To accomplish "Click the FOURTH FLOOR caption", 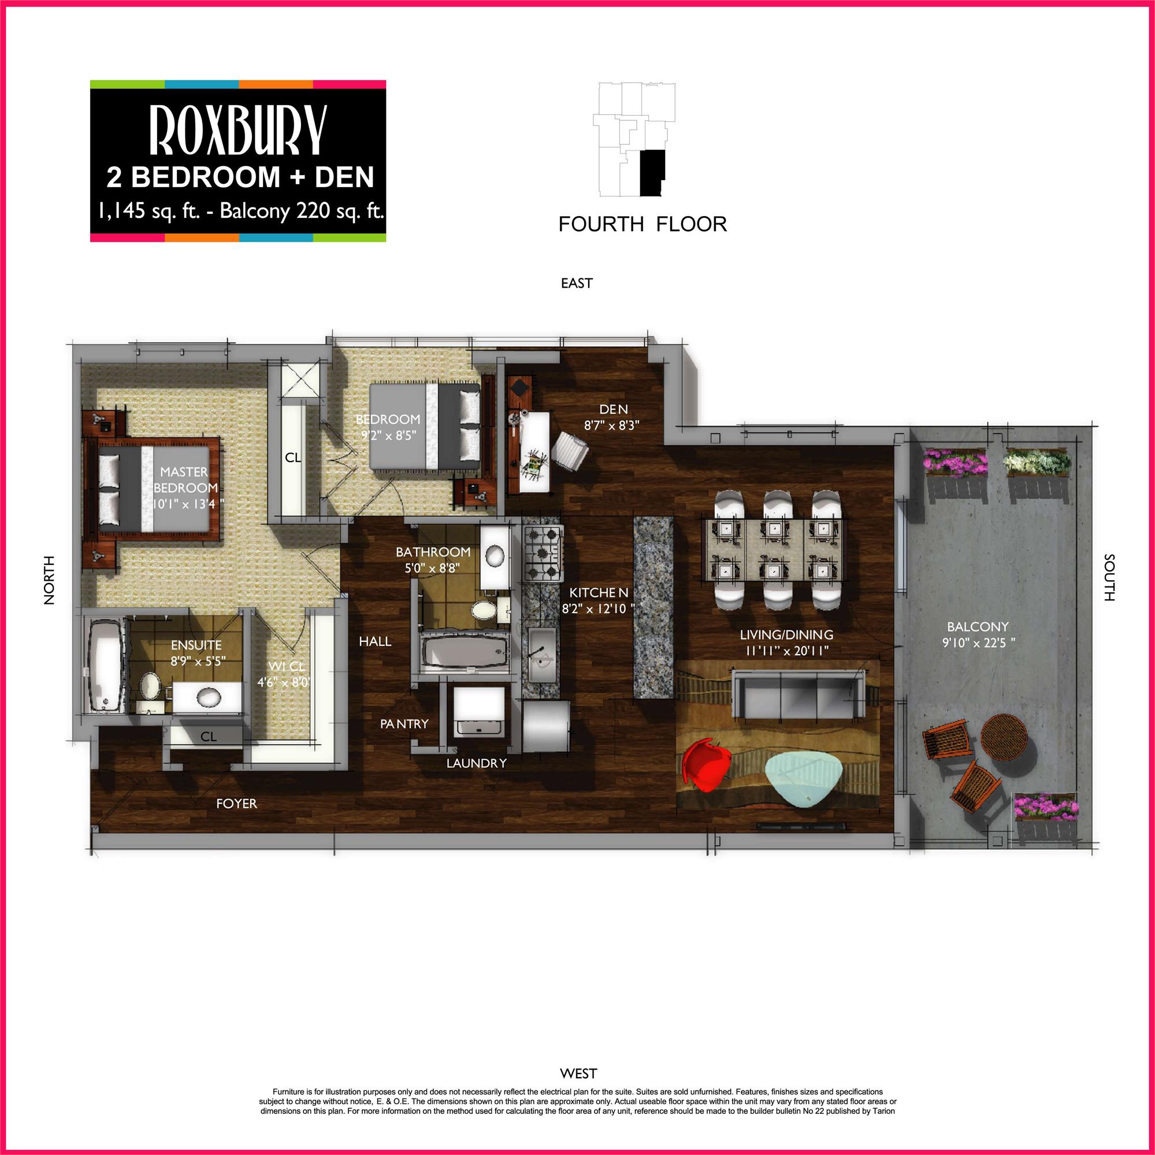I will tap(642, 224).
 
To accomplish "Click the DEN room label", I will tap(614, 410).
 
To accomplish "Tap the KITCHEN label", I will tap(599, 592).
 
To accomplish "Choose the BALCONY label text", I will tap(978, 626).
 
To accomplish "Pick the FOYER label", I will tap(237, 804).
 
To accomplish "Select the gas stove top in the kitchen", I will tap(543, 552).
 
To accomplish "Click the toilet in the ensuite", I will tap(150, 686).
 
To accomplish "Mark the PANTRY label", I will tap(404, 723).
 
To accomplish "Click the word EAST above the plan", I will tap(576, 283).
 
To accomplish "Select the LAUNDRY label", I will tap(476, 763).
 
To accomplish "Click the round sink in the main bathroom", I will tap(495, 556).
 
